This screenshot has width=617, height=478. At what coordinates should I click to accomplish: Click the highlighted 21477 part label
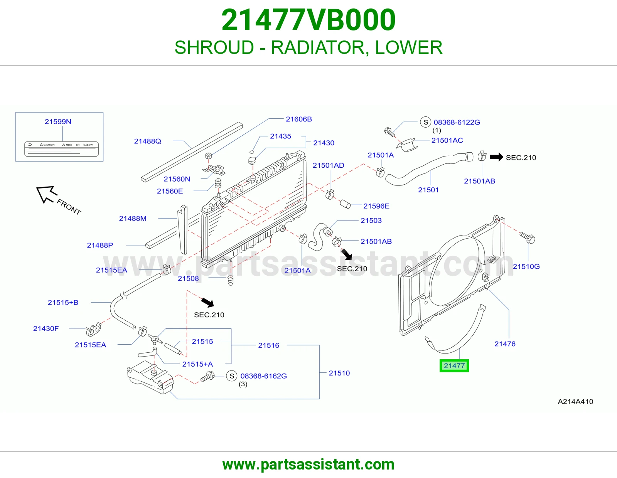click(454, 365)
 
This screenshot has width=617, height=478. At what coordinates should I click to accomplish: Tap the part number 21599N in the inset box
click(58, 121)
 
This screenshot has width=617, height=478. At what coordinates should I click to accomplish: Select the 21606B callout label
click(299, 119)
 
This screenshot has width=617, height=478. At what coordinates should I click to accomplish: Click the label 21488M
click(133, 218)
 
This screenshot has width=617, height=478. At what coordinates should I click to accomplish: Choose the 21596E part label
click(376, 206)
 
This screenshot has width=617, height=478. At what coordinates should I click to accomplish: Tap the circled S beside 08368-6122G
click(426, 122)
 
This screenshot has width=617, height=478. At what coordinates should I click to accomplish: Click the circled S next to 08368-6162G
click(232, 376)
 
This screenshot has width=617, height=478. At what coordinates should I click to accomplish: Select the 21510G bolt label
click(526, 266)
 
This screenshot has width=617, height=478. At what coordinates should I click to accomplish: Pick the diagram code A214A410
click(575, 401)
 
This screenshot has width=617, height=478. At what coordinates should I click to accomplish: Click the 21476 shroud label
click(505, 344)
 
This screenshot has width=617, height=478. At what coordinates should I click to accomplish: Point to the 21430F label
click(46, 328)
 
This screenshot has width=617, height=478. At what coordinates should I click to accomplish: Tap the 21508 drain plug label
click(188, 278)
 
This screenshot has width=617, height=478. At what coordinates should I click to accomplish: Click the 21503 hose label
click(371, 220)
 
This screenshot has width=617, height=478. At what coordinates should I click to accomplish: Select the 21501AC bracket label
click(447, 140)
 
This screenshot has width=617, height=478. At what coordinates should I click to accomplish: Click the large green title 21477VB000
click(308, 20)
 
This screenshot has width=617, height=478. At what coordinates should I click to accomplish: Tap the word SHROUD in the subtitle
click(214, 47)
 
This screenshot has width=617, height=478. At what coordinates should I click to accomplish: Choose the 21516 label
click(269, 345)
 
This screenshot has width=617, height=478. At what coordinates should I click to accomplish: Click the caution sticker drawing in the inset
click(61, 149)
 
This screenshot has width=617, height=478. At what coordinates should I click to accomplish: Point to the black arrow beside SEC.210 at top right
click(496, 157)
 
